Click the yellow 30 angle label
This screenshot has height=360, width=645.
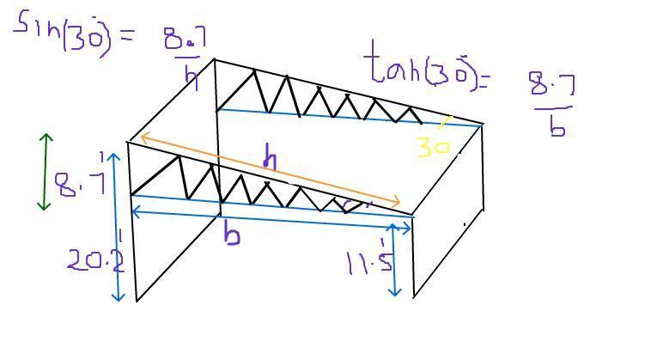tap(434, 147)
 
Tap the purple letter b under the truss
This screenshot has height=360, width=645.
tap(231, 234)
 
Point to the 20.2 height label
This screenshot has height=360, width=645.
tap(95, 259)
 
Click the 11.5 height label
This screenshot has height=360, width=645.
tap(366, 262)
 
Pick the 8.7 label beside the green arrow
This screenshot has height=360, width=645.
tap(80, 184)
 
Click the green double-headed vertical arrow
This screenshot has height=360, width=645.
tap(46, 172)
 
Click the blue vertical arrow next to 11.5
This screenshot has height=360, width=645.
tap(394, 259)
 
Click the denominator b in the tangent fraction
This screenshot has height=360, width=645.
tap(557, 126)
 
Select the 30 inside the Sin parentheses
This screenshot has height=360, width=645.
tap(85, 37)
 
